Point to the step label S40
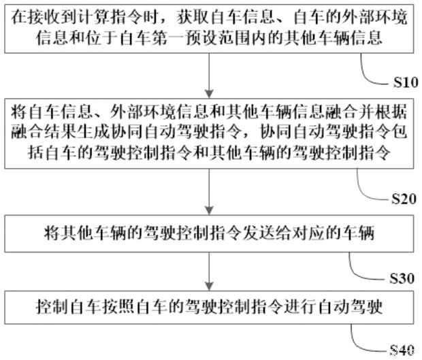tap(402, 350)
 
